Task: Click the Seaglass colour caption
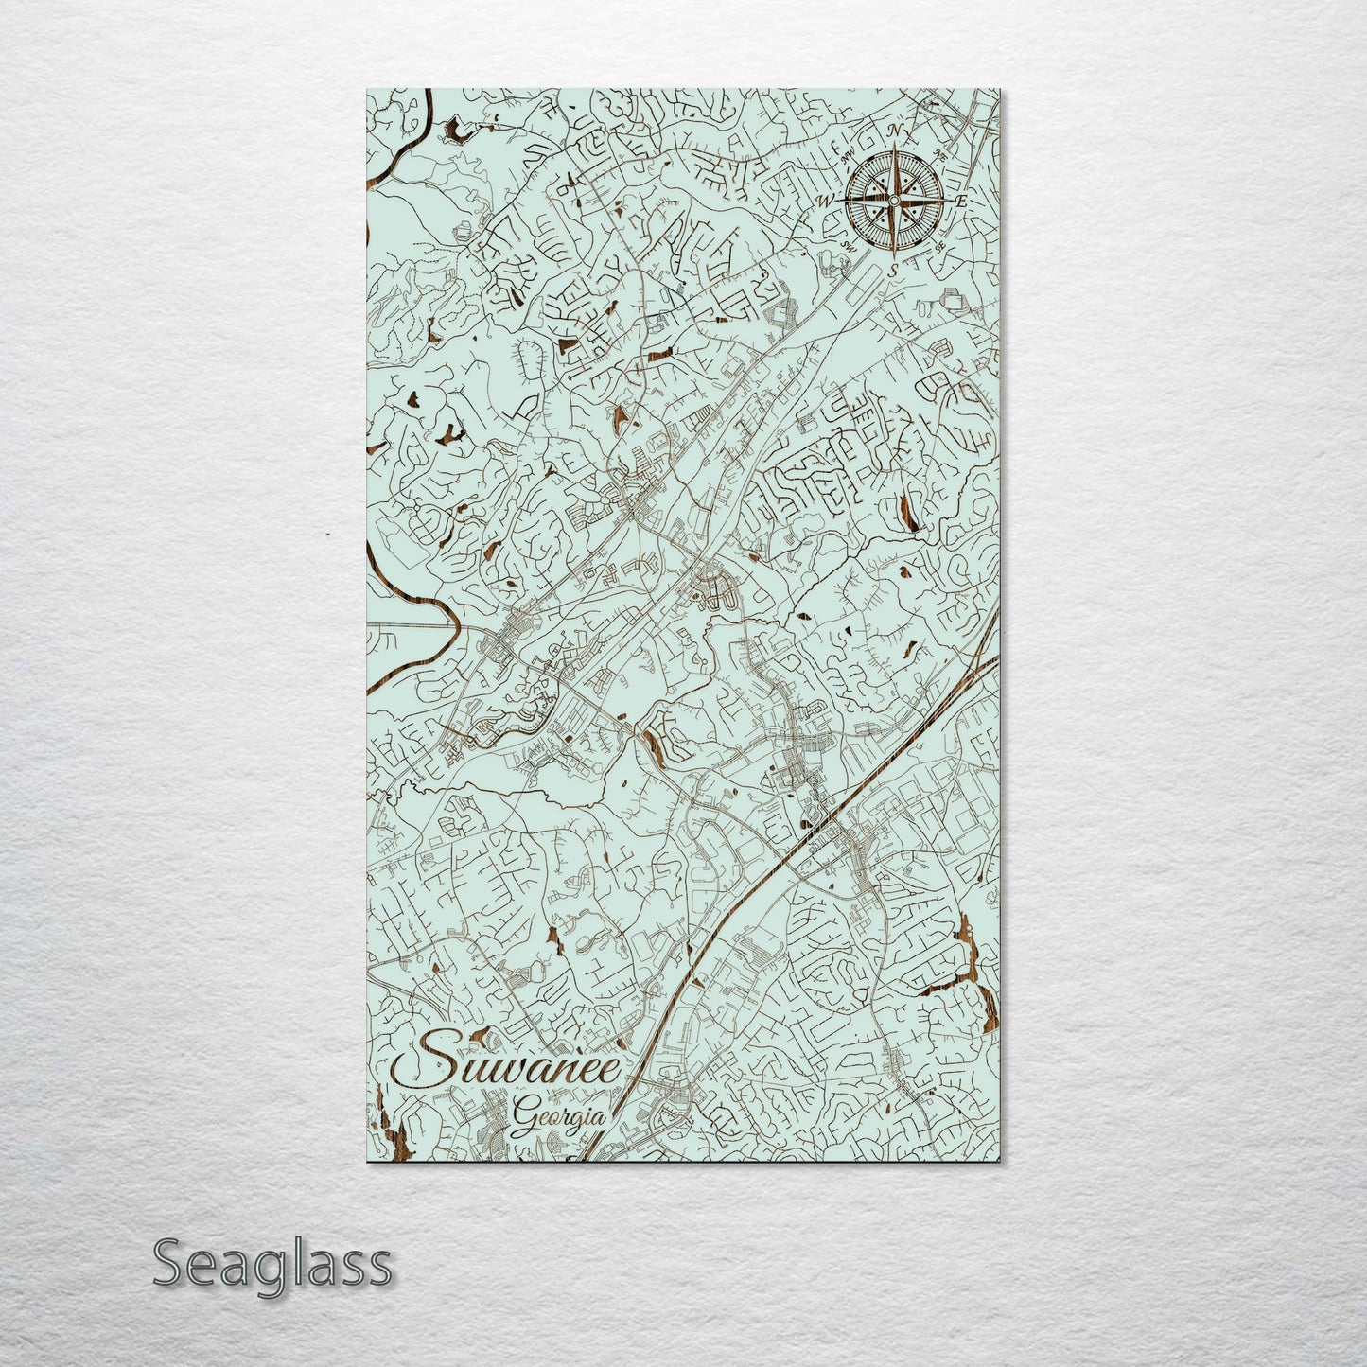272,1263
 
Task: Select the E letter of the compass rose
960,202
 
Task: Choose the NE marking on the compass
940,154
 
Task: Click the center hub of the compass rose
894,201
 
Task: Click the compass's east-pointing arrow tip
947,201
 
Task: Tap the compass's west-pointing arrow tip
841,201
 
